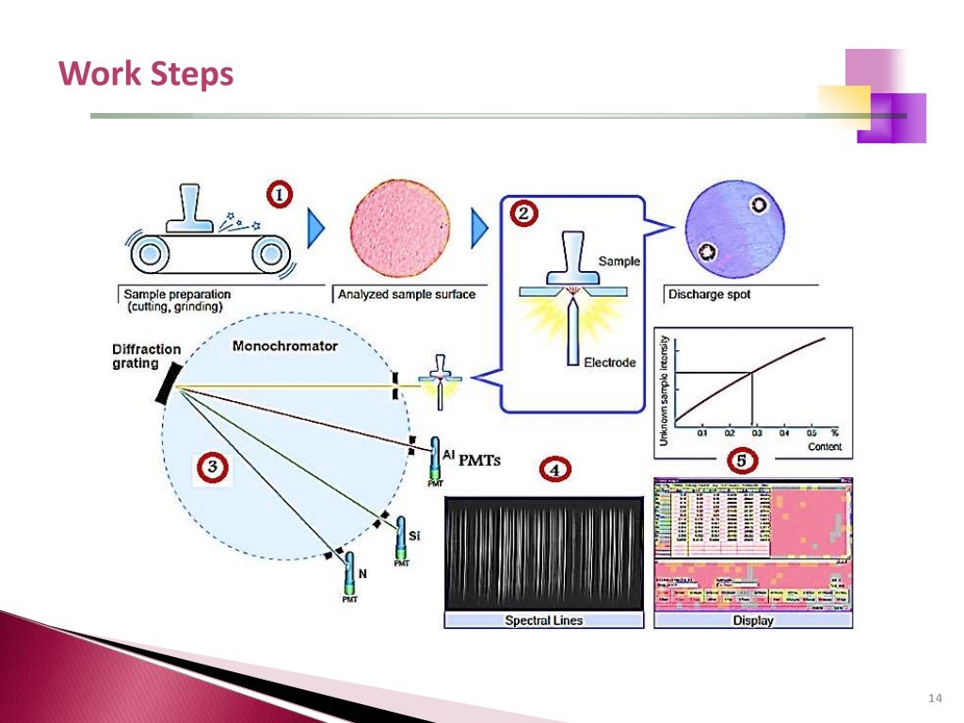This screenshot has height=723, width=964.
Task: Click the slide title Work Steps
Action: (146, 73)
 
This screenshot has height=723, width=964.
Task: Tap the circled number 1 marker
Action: (278, 195)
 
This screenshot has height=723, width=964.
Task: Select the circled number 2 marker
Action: (524, 214)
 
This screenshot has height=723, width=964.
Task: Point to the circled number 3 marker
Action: (215, 466)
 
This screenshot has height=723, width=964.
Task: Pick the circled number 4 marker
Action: (554, 468)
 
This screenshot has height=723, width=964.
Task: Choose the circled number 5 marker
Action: (745, 461)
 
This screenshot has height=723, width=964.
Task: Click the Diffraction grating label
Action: (146, 356)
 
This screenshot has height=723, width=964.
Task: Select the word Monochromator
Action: (284, 345)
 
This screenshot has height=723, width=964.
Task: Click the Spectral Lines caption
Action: (543, 620)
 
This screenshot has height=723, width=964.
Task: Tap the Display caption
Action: (752, 620)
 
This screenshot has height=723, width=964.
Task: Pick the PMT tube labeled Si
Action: (401, 539)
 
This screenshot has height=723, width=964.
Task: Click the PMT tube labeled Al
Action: (435, 458)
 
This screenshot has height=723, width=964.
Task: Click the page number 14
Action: (934, 698)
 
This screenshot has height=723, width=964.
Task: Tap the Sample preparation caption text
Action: (177, 299)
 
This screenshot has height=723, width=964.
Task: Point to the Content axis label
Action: (825, 446)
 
